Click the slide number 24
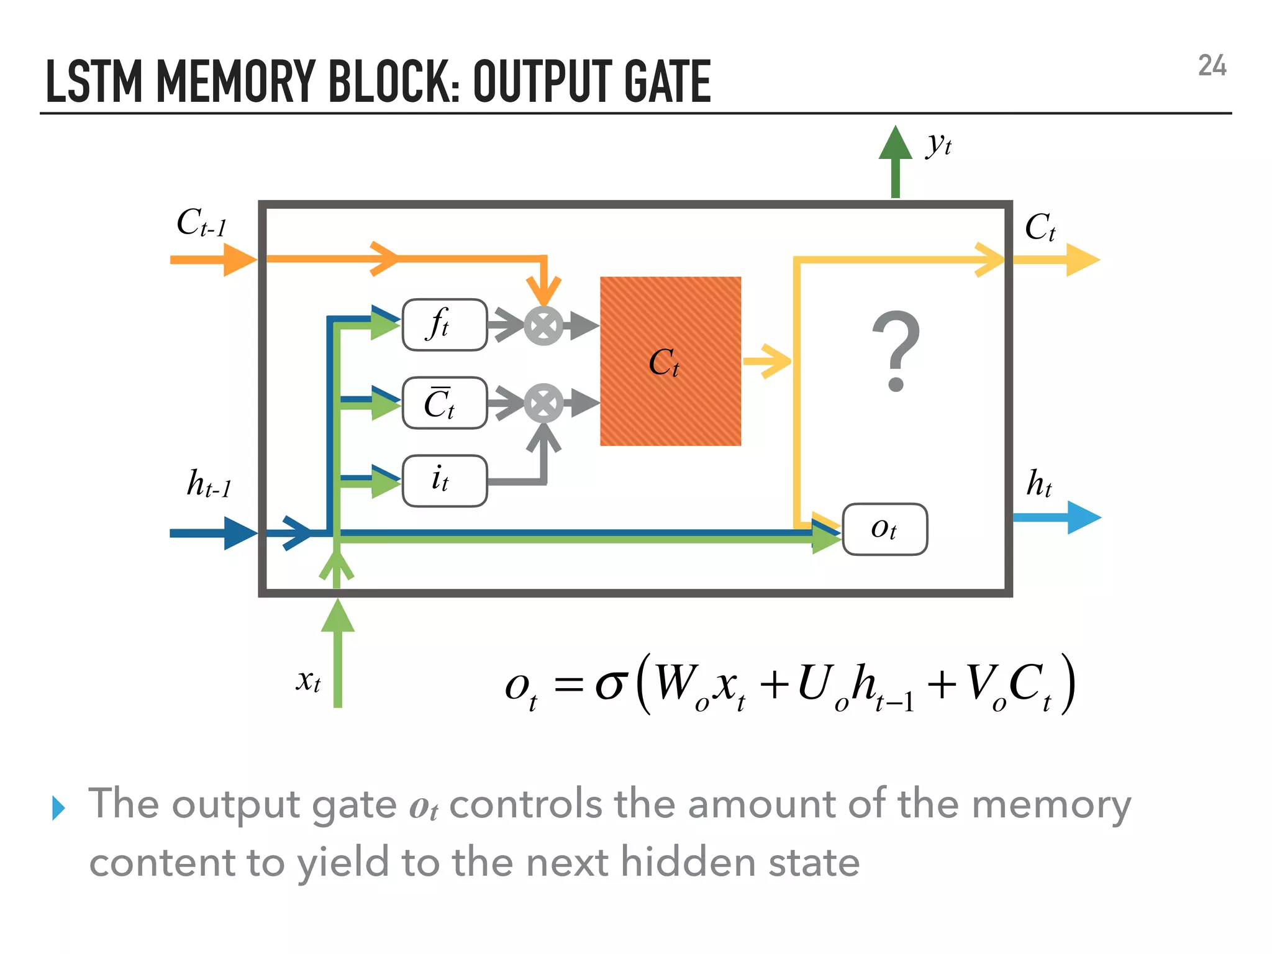click(x=1212, y=66)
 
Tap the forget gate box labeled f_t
click(x=445, y=325)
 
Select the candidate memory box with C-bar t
click(x=445, y=403)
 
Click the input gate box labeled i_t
click(x=445, y=481)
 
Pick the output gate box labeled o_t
click(x=884, y=529)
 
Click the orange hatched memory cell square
click(x=670, y=361)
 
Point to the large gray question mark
click(x=895, y=351)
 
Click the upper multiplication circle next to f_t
click(x=543, y=326)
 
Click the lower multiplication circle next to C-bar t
click(x=543, y=404)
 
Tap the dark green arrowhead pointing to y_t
click(x=895, y=145)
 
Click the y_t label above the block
click(x=939, y=144)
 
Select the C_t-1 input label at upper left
click(x=201, y=223)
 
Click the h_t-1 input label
click(x=209, y=484)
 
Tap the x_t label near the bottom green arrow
click(x=308, y=681)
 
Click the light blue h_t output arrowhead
click(x=1083, y=517)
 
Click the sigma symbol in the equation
click(x=609, y=685)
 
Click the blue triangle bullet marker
click(x=58, y=808)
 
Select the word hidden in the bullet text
click(x=688, y=863)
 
